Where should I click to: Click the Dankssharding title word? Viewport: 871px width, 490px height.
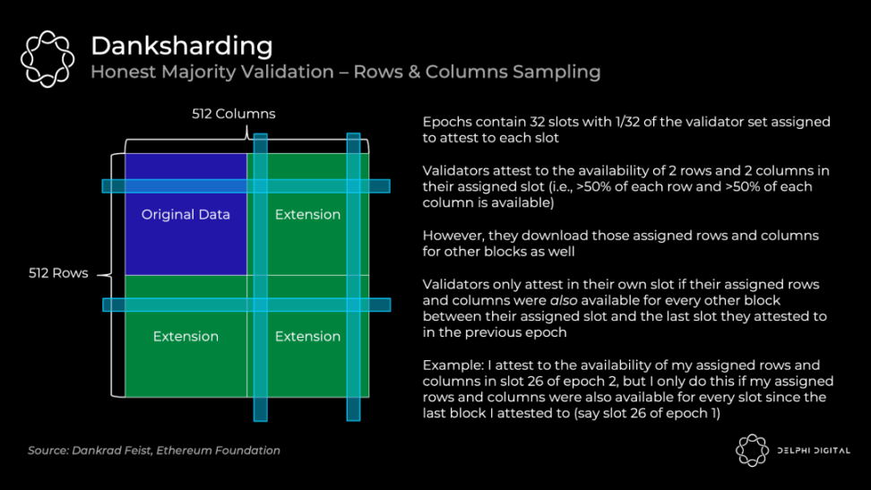click(181, 46)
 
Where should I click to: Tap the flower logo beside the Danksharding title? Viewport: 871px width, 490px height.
click(47, 58)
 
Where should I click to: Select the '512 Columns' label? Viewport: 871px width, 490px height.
click(233, 114)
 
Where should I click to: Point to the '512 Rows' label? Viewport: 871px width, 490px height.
click(58, 273)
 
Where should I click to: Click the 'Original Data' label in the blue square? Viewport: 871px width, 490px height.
click(185, 214)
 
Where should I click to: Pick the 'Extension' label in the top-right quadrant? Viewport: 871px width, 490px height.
click(307, 214)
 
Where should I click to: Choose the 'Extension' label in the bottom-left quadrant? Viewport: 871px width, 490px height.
click(185, 336)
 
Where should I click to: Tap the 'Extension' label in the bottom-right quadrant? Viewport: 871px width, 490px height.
click(307, 336)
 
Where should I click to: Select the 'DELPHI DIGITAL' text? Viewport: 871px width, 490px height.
click(812, 451)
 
